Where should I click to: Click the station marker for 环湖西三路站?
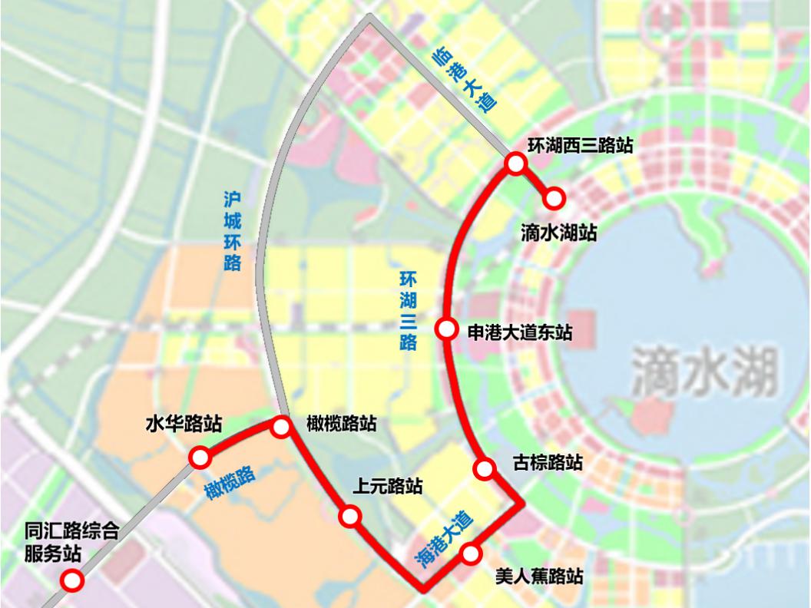tap(515, 163)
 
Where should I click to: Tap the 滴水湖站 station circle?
tap(554, 199)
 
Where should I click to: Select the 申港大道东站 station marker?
tap(446, 329)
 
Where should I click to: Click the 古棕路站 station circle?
tap(485, 468)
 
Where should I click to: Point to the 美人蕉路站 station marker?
tap(471, 553)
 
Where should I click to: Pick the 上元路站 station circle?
tap(350, 517)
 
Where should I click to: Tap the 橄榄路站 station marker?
tap(280, 427)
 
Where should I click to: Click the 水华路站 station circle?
tap(200, 458)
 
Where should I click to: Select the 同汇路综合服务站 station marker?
tap(73, 581)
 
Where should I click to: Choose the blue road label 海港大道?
tap(444, 540)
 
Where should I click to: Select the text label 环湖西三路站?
tap(581, 144)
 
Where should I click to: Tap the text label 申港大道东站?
tap(520, 331)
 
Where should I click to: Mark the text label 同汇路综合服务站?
tap(71, 542)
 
